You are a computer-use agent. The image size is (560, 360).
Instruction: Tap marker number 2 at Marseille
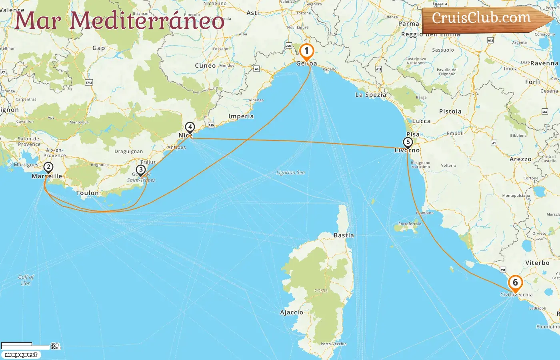tap(48, 167)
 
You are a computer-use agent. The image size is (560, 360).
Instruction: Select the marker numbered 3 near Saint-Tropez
tap(140, 170)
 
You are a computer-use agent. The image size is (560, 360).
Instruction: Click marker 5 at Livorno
tap(408, 142)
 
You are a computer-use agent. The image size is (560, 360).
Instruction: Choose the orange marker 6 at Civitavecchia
tap(515, 283)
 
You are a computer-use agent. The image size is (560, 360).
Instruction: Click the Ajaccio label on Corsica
tap(292, 312)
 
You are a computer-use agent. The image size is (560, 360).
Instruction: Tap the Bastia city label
tap(344, 236)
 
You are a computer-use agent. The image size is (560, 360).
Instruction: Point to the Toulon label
tap(87, 193)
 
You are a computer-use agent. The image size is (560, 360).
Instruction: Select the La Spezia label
tap(371, 95)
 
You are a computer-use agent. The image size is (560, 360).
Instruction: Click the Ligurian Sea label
tap(291, 173)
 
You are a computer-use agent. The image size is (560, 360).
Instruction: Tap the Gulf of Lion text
tap(26, 280)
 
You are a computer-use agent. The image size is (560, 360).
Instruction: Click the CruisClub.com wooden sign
tap(482, 18)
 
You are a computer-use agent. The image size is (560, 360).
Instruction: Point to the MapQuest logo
tap(21, 355)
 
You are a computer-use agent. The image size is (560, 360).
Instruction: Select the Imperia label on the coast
tap(241, 116)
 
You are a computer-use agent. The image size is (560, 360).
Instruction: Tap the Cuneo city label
tap(205, 66)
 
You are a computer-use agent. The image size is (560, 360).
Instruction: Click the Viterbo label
tap(537, 263)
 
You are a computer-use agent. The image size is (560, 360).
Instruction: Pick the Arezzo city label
tap(520, 159)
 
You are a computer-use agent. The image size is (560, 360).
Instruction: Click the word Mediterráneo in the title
tap(147, 21)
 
